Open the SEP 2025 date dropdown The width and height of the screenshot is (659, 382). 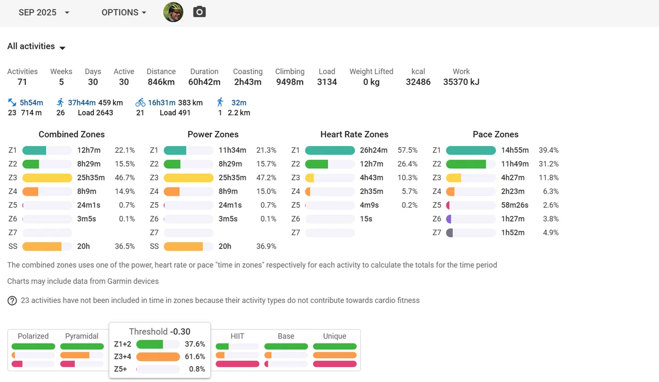[44, 13]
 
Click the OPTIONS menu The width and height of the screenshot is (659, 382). [124, 13]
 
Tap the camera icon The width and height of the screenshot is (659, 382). [199, 12]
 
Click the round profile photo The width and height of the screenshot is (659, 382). [174, 12]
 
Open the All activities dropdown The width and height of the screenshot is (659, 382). [36, 46]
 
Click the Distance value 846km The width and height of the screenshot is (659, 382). [161, 82]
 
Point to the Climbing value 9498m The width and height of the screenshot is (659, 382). [290, 82]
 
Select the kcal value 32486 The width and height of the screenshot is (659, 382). [418, 82]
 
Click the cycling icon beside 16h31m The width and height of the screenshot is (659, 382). [141, 102]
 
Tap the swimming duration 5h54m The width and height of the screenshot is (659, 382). [31, 102]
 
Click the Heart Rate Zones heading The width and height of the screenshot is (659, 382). [354, 134]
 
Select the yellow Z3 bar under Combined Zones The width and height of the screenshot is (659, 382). [47, 178]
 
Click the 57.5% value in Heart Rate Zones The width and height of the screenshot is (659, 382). [407, 150]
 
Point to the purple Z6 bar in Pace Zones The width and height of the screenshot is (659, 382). [449, 219]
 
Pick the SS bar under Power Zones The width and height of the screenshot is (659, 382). [183, 246]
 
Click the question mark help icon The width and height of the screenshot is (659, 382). [12, 301]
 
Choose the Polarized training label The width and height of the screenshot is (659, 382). [33, 336]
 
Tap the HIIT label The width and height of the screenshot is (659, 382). [237, 336]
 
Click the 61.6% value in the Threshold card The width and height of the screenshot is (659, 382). [195, 357]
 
